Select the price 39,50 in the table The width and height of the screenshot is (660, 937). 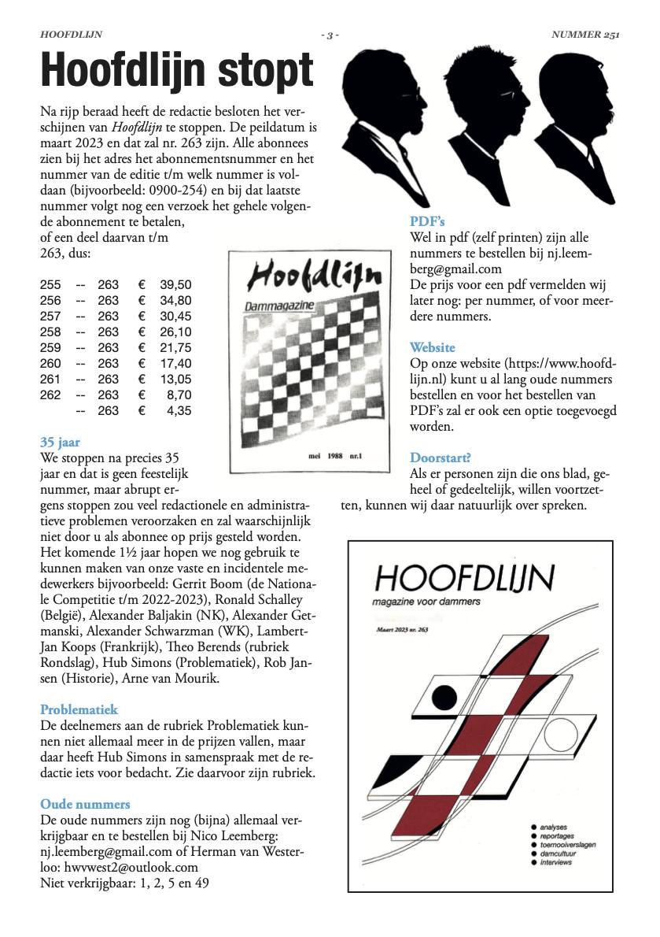click(x=175, y=284)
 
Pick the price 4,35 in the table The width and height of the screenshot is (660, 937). click(x=179, y=410)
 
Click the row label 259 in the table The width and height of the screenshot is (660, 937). click(x=50, y=347)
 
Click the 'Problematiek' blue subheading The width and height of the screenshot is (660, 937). click(x=79, y=709)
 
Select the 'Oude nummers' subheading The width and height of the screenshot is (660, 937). click(x=85, y=804)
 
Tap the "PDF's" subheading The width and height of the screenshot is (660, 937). click(x=427, y=221)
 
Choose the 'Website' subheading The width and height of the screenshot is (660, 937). click(x=432, y=347)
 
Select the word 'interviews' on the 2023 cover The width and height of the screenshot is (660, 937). click(x=556, y=862)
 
